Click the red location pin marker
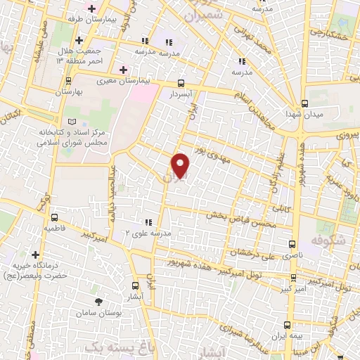click(x=181, y=165)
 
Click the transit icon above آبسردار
click(x=181, y=82)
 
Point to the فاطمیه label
click(x=56, y=229)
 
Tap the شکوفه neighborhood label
click(x=328, y=239)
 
